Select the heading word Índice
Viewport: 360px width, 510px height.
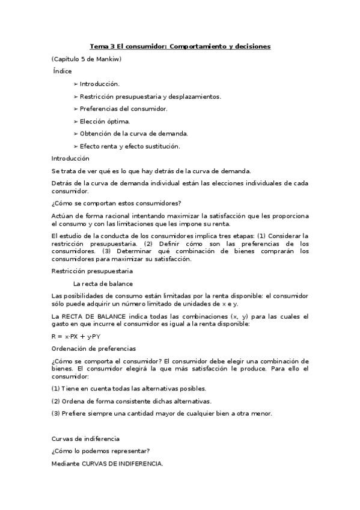click(63, 71)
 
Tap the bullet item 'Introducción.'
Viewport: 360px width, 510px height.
click(100, 84)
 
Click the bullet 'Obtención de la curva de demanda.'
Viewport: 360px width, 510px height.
click(133, 134)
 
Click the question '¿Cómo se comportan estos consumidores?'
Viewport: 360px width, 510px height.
click(117, 203)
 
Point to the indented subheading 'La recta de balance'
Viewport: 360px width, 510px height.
click(103, 283)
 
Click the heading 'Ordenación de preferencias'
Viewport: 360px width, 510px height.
click(94, 348)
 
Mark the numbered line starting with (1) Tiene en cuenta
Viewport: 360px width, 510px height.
click(129, 389)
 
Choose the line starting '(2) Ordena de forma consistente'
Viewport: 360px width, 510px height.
click(132, 401)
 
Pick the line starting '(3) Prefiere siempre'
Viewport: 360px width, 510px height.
click(162, 413)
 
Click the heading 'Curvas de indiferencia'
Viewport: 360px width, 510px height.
click(85, 438)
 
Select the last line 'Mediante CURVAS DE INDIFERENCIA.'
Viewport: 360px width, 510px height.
click(107, 464)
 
